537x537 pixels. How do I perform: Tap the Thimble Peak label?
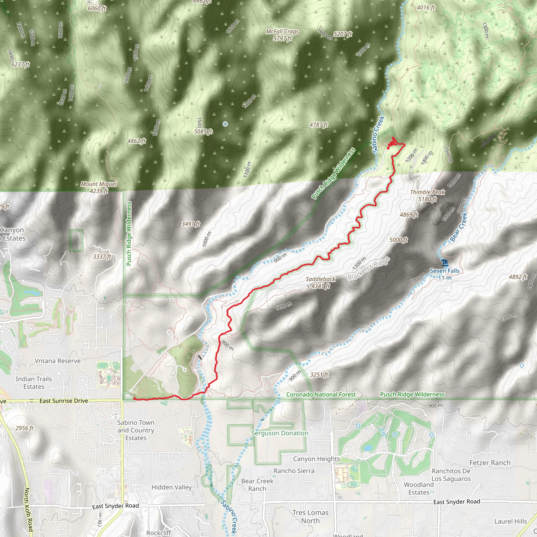[x=427, y=195]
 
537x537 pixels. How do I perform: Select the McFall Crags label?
[x=282, y=35]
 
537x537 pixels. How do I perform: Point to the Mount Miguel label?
[x=99, y=187]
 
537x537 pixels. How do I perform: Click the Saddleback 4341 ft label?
[x=320, y=282]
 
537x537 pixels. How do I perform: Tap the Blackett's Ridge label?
[x=369, y=268]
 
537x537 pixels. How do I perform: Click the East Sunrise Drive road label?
[x=64, y=401]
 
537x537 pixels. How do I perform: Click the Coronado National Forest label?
[x=321, y=394]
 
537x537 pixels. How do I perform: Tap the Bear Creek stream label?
[x=458, y=227]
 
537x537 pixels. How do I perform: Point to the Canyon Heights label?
[x=316, y=459]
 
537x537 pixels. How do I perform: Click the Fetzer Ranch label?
[x=490, y=463]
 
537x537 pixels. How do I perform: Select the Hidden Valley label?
[x=171, y=487]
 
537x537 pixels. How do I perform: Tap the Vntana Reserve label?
[x=57, y=361]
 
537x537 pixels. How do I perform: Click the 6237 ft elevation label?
[x=20, y=65]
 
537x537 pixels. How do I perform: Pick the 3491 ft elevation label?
[x=191, y=224]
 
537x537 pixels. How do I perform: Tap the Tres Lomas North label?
[x=310, y=517]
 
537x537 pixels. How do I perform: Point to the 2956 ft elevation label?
[x=24, y=428]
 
